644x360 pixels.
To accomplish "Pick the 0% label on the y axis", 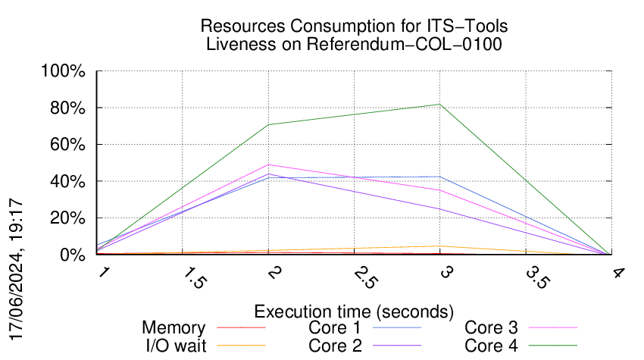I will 74,255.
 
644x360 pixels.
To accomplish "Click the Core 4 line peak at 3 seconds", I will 439,105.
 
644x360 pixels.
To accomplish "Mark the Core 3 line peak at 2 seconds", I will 268,164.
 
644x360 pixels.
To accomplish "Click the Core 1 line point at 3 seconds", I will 439,177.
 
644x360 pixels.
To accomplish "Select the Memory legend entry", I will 174,328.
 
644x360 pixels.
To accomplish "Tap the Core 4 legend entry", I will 492,346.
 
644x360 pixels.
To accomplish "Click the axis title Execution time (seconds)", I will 354,311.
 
